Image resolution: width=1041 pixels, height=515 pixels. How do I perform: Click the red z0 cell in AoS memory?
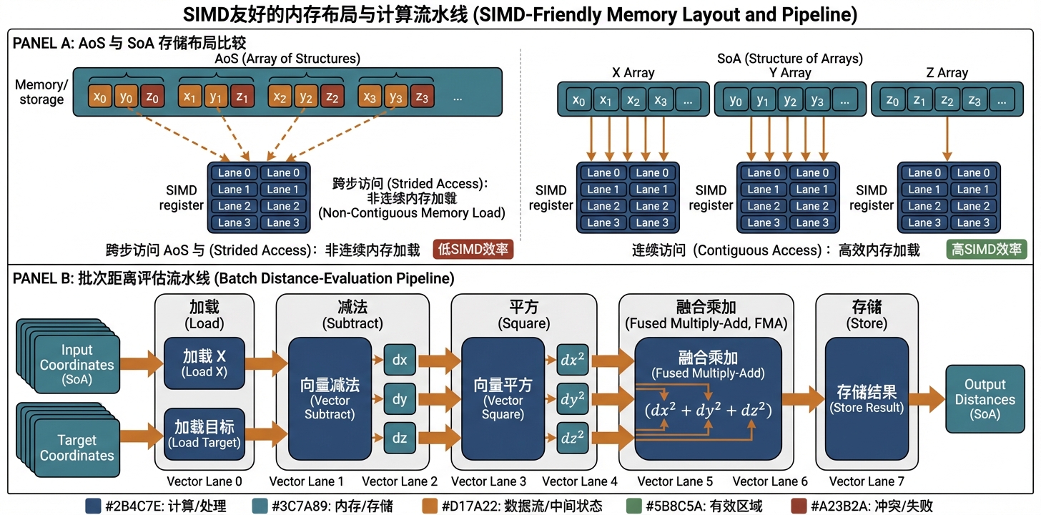click(x=152, y=97)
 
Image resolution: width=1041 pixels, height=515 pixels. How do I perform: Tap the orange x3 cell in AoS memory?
click(x=369, y=97)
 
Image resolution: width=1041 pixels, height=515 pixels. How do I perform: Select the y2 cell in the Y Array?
click(x=790, y=101)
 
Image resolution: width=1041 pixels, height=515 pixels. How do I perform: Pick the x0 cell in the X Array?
click(x=578, y=101)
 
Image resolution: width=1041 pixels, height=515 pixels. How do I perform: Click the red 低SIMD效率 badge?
click(x=473, y=250)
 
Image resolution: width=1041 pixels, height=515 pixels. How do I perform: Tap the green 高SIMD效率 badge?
click(x=987, y=250)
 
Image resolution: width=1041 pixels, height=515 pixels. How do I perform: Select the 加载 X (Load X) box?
click(x=204, y=363)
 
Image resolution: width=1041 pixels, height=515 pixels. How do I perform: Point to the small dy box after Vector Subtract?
click(x=400, y=398)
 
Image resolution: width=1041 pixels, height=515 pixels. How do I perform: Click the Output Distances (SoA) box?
click(x=985, y=399)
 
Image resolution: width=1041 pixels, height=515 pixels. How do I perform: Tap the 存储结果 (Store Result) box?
click(x=867, y=398)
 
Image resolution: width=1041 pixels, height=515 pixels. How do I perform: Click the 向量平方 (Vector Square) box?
click(x=503, y=398)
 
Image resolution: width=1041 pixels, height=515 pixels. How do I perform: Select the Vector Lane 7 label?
click(x=867, y=481)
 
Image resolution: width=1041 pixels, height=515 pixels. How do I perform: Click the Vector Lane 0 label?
click(x=204, y=481)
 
